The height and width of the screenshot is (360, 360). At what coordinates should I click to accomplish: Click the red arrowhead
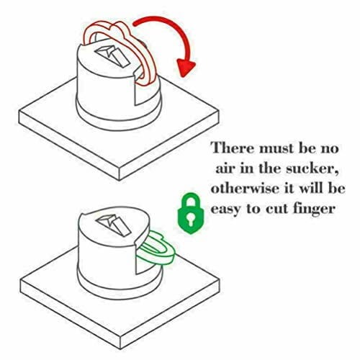pyautogui.click(x=185, y=67)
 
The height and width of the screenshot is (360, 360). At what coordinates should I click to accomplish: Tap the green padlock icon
pyautogui.click(x=191, y=213)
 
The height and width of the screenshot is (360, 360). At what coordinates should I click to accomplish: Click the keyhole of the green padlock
pyautogui.click(x=191, y=217)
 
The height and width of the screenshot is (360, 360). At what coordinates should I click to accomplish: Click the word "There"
pyautogui.click(x=232, y=148)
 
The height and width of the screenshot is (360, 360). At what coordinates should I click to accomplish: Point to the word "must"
pyautogui.click(x=276, y=148)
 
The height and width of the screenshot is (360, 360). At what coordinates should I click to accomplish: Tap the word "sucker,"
pyautogui.click(x=312, y=169)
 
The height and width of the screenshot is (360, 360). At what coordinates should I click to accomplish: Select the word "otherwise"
pyautogui.click(x=246, y=188)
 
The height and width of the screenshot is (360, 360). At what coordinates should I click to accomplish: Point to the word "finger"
pyautogui.click(x=314, y=210)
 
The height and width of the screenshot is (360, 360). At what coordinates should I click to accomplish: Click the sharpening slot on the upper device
pyautogui.click(x=112, y=55)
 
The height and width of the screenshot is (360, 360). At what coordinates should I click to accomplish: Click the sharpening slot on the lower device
pyautogui.click(x=113, y=224)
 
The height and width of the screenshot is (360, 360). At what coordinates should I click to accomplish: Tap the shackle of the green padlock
pyautogui.click(x=191, y=201)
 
